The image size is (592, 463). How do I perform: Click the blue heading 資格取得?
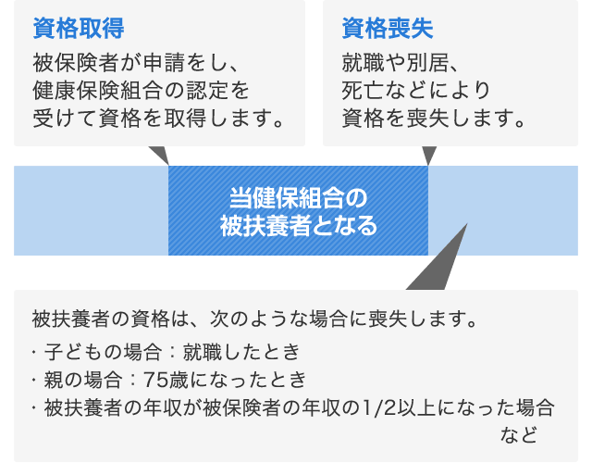pyautogui.click(x=79, y=29)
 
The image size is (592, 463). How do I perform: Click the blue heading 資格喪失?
pyautogui.click(x=388, y=29)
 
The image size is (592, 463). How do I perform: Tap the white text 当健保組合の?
pyautogui.click(x=298, y=197)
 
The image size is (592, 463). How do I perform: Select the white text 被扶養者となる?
pyautogui.click(x=298, y=226)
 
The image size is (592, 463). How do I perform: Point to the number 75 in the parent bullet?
pyautogui.click(x=155, y=380)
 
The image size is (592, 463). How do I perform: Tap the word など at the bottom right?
pyautogui.click(x=518, y=434)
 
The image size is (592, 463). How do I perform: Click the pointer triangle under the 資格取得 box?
pyautogui.click(x=161, y=154)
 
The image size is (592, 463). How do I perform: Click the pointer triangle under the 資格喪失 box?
pyautogui.click(x=429, y=155)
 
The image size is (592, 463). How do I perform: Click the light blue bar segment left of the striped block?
pyautogui.click(x=91, y=210)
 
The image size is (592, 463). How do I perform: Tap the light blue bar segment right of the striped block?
pyautogui.click(x=503, y=210)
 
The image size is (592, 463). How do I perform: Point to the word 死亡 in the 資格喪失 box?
pyautogui.click(x=360, y=91)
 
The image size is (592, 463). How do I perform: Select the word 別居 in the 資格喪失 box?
pyautogui.click(x=429, y=63)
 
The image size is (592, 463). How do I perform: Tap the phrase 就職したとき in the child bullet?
pyautogui.click(x=240, y=352)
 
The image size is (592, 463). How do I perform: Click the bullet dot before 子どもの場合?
pyautogui.click(x=34, y=352)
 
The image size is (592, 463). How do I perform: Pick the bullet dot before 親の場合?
pyautogui.click(x=34, y=380)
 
